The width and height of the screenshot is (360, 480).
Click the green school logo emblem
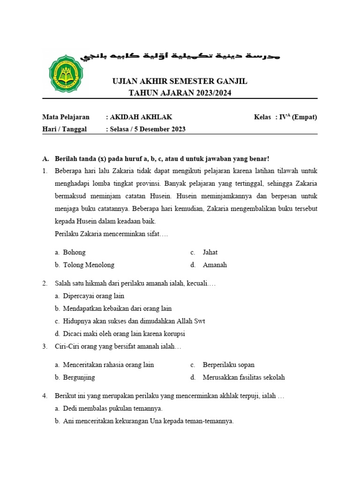66,74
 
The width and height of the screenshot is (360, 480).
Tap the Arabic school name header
180,56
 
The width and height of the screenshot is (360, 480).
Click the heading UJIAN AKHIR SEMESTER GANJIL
180,82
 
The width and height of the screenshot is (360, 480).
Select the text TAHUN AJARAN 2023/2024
180,93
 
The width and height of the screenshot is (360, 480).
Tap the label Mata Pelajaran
66,117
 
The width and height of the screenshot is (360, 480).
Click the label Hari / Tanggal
65,129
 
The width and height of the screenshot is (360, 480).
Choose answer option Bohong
74,252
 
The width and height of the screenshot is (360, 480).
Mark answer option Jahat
210,252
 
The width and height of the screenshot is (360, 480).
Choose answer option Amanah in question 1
215,265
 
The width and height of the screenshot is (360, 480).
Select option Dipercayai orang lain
93,296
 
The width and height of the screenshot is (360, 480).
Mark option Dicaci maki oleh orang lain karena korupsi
124,334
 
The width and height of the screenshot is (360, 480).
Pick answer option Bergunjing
79,377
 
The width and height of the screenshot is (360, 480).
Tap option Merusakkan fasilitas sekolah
243,377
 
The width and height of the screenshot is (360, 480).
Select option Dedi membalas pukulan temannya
112,408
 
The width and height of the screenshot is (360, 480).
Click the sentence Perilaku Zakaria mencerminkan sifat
111,233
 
